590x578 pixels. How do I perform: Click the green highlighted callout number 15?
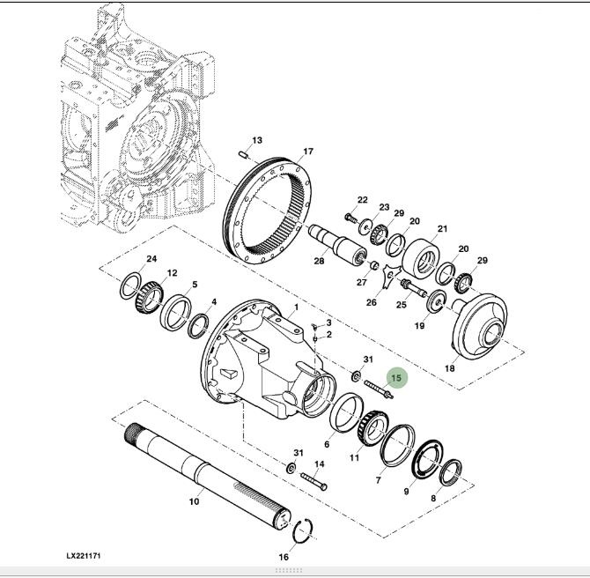[x=396, y=378]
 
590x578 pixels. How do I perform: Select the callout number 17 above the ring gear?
[x=308, y=152]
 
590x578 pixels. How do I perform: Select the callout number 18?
[x=450, y=368]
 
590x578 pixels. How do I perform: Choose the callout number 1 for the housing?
[x=296, y=308]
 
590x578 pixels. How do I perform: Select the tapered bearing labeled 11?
[x=367, y=431]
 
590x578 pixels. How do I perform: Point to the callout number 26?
[x=372, y=302]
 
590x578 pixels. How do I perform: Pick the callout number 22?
[x=362, y=200]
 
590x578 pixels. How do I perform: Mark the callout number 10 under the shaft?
[x=194, y=502]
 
